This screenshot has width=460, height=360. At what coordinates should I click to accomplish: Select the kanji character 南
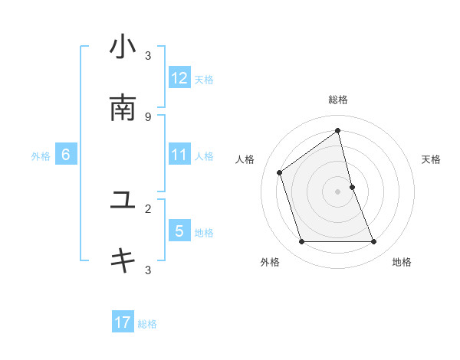(123, 108)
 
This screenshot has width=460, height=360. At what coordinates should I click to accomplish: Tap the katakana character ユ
(123, 201)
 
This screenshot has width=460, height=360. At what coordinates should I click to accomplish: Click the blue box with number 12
(179, 78)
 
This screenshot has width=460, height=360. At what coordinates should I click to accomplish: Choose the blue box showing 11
(179, 155)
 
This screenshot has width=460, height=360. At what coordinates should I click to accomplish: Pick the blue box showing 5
(179, 231)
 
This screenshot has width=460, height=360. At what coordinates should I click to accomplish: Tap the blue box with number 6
(66, 155)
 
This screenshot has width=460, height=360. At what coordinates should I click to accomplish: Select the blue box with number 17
(123, 322)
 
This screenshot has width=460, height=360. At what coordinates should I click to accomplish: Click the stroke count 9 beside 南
(148, 117)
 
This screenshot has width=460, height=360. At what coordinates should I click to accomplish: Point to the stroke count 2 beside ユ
(148, 208)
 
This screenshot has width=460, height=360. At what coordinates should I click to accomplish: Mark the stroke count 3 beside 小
(148, 56)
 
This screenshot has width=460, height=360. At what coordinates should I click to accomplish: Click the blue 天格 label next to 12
(204, 79)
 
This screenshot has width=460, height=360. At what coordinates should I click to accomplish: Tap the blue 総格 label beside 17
(147, 324)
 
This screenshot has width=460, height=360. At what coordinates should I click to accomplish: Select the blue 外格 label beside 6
(41, 156)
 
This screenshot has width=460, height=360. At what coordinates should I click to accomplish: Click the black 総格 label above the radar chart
(338, 100)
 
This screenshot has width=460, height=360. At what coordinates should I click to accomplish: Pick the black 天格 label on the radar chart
(431, 159)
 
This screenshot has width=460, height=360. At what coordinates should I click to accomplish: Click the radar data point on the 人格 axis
(280, 172)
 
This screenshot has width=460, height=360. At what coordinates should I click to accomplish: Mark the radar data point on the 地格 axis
(374, 242)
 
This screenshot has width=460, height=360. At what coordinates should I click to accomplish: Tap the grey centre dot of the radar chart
(338, 191)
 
